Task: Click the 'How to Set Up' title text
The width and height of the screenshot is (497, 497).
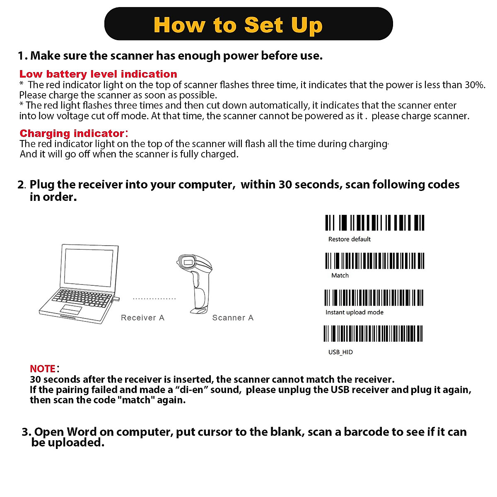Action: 238,25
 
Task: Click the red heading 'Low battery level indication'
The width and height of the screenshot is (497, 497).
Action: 98,74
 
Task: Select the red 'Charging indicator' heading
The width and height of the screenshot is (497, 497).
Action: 72,133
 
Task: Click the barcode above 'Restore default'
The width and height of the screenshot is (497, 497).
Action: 374,223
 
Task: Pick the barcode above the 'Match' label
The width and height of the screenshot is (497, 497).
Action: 374,261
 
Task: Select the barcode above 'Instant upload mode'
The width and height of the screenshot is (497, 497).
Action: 374,298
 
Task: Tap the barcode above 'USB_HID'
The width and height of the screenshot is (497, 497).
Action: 373,333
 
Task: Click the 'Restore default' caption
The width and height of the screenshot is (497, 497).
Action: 349,239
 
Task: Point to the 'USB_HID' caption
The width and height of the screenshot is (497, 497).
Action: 340,352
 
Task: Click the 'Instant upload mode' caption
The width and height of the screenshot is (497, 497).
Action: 354,312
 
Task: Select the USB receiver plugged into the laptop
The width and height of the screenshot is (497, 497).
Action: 117,299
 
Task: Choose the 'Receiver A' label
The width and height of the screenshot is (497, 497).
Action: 142,318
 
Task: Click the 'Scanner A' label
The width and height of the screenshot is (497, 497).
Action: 232,318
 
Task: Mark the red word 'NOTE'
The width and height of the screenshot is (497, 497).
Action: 43,369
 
